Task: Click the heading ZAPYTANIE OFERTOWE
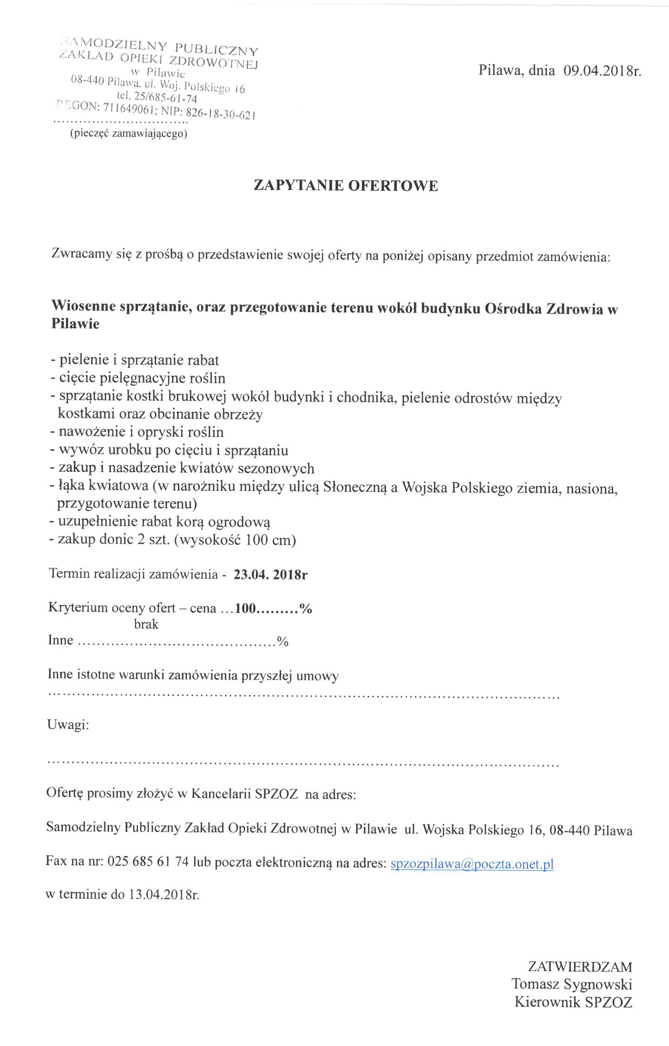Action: point(346,186)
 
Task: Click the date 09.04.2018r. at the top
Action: point(602,71)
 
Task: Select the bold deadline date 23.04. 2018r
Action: point(270,575)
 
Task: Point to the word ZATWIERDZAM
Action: point(580,966)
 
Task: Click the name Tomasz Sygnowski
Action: point(571,984)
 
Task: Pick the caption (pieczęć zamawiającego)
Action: point(129,134)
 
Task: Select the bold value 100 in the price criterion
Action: point(245,608)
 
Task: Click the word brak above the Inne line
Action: point(146,624)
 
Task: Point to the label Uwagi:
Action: point(68,724)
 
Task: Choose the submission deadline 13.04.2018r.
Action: point(164,894)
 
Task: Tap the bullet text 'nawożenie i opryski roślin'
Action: point(141,432)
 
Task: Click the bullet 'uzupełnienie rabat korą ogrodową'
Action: point(164,522)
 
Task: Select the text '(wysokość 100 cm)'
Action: point(235,540)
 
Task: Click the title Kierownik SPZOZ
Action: point(573,1002)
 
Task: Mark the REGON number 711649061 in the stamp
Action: point(129,109)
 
